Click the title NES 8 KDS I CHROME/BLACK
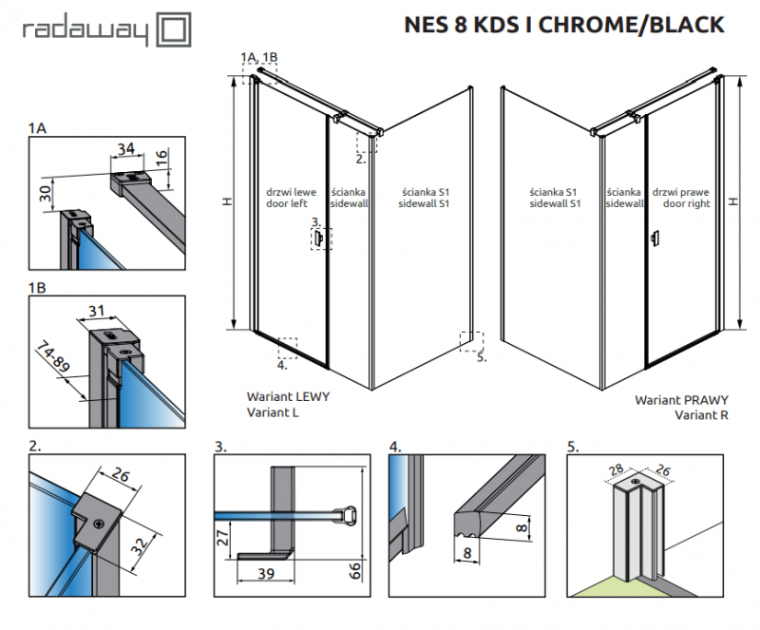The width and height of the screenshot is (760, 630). (564, 25)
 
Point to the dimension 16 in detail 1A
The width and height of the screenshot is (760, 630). (161, 156)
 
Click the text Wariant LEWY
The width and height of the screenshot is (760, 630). (288, 397)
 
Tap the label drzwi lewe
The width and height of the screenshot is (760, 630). (285, 191)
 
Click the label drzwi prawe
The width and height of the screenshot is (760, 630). (686, 191)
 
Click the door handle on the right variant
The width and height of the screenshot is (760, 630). (653, 239)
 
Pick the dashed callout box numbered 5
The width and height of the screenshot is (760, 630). (471, 340)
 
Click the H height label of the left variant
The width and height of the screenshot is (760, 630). (226, 201)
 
